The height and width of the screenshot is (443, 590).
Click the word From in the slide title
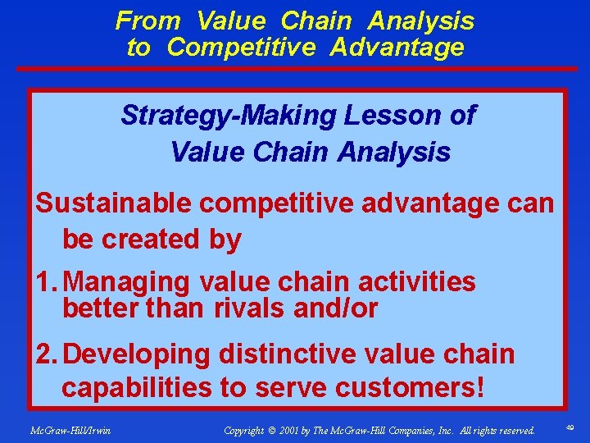pyautogui.click(x=148, y=20)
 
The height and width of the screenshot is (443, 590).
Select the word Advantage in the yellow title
pyautogui.click(x=397, y=48)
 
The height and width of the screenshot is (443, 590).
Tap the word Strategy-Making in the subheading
pyautogui.click(x=229, y=116)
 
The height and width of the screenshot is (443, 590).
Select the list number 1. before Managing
pyautogui.click(x=47, y=282)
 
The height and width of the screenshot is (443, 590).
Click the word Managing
pyautogui.click(x=125, y=282)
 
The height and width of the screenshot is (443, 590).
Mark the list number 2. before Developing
pyautogui.click(x=47, y=354)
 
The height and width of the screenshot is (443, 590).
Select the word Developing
pyautogui.click(x=136, y=354)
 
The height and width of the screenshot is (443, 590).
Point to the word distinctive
pyautogui.click(x=286, y=354)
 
